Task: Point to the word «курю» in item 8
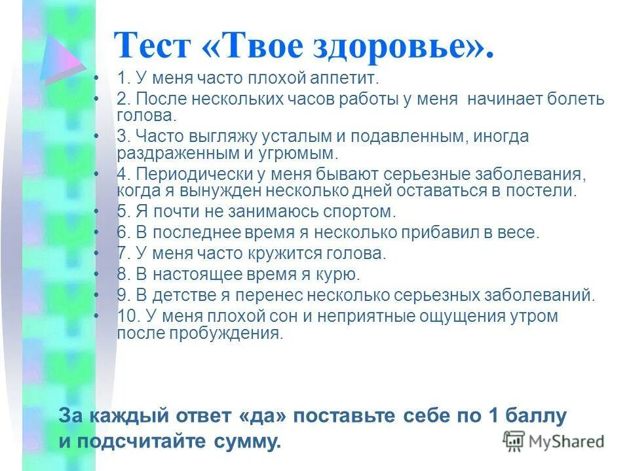point(338,274)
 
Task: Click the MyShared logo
point(554,440)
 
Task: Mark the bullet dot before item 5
point(97,212)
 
